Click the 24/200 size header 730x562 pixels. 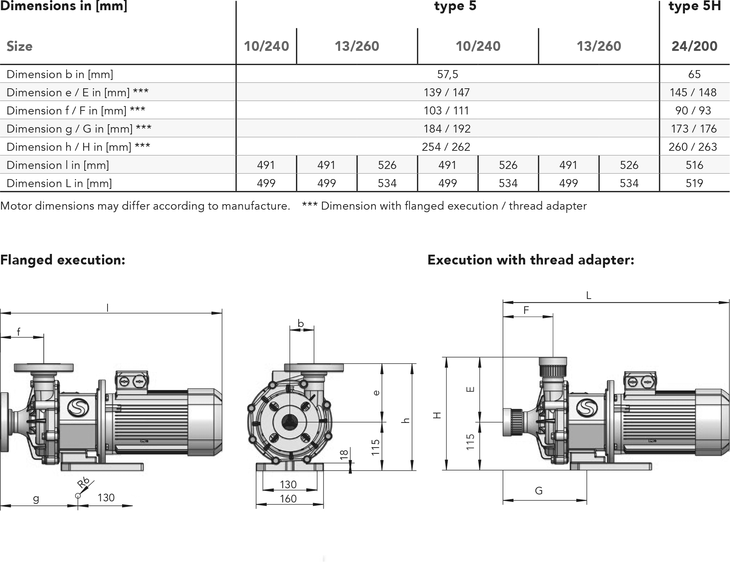tap(694, 46)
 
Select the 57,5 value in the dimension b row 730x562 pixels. tap(448, 74)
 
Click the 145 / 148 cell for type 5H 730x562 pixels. tap(693, 92)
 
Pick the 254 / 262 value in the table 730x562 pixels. tap(446, 147)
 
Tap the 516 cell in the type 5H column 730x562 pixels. tap(694, 165)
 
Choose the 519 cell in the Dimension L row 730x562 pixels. tap(694, 183)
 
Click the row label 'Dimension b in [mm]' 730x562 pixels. tap(60, 74)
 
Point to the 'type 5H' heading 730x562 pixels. tap(694, 6)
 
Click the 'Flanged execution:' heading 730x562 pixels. tap(63, 260)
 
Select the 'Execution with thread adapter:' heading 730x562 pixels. tap(531, 260)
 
